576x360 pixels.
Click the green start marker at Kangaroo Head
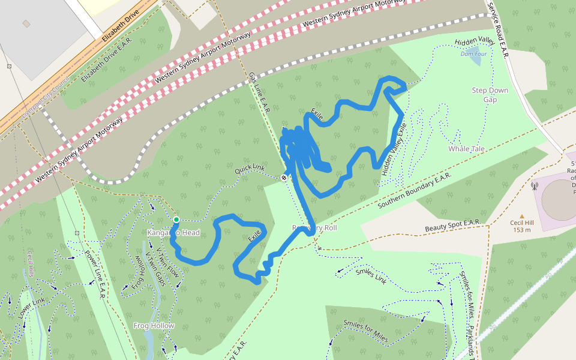pos(176,220)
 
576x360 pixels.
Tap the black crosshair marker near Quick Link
pos(284,178)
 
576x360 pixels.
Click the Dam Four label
pos(473,53)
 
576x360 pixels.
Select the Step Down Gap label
pos(490,95)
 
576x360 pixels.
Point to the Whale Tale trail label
pos(466,148)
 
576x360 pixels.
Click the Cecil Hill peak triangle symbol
pos(522,217)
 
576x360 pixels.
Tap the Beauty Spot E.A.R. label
pos(452,226)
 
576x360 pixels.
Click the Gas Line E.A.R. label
pos(259,92)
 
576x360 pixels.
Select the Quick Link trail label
pos(250,170)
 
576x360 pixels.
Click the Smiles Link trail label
pos(371,275)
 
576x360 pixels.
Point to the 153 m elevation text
pos(522,230)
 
